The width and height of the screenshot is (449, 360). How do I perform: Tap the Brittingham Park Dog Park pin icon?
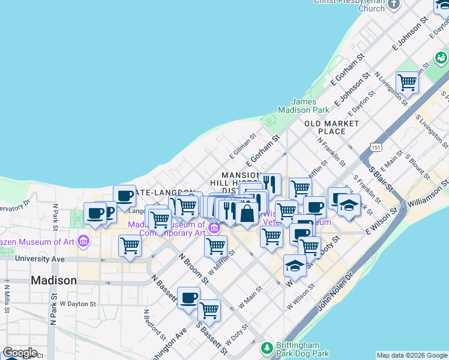pos(265,347)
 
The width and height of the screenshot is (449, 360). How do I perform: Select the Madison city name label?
pos(53,280)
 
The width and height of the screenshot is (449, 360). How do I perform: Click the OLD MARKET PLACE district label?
pos(331,127)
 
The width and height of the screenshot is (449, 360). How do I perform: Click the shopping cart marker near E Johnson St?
pos(407,83)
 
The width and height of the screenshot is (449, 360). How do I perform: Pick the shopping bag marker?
pos(247,213)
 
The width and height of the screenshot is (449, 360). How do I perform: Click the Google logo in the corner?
pos(20,353)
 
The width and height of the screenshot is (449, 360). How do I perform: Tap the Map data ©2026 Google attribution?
pos(412,355)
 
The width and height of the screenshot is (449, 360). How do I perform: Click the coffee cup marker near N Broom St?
pos(188,298)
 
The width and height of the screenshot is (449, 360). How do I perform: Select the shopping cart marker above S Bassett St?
pos(209,310)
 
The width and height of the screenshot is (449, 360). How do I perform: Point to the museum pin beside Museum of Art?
pos(83,242)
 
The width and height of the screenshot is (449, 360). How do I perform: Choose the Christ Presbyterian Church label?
pos(349,5)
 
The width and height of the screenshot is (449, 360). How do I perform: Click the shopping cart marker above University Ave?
pos(130,245)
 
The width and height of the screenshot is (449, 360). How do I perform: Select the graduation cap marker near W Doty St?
pos(294,265)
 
